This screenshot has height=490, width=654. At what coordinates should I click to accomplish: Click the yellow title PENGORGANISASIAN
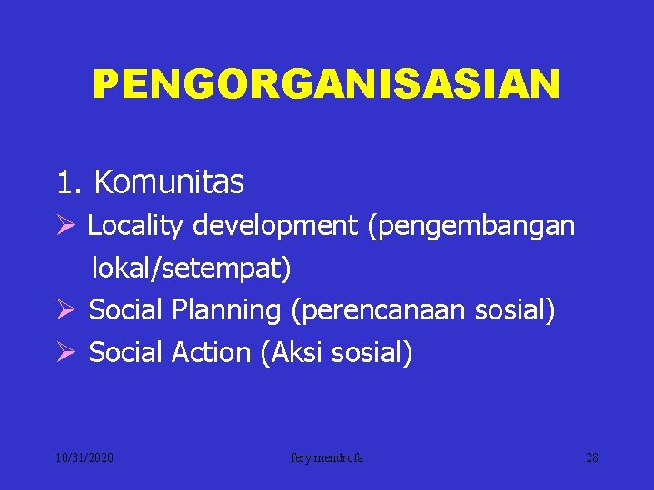click(x=326, y=85)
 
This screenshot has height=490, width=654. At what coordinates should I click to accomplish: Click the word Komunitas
click(x=168, y=182)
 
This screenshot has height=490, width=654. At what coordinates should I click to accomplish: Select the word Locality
click(x=135, y=226)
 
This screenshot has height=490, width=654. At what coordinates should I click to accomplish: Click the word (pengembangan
click(x=471, y=226)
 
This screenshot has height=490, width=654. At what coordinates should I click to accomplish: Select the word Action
click(x=211, y=353)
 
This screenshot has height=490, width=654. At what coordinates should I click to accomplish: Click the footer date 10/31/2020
click(x=84, y=458)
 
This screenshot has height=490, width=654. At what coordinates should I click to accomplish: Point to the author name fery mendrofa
click(x=327, y=458)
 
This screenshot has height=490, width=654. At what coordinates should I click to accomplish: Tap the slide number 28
click(x=591, y=458)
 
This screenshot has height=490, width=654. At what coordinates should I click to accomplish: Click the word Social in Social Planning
click(x=126, y=310)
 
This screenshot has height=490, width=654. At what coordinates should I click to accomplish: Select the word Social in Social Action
click(x=126, y=353)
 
